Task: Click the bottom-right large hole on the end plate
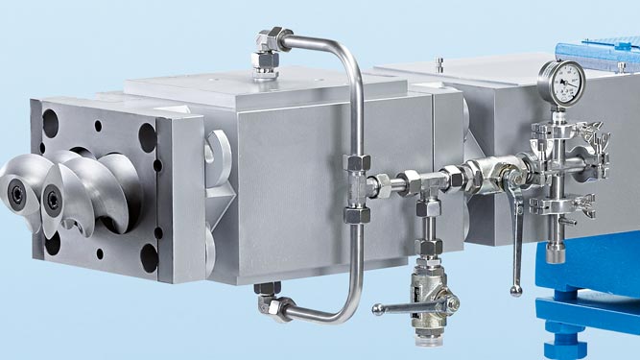coord(148,257)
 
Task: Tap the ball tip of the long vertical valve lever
coord(517,289)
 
